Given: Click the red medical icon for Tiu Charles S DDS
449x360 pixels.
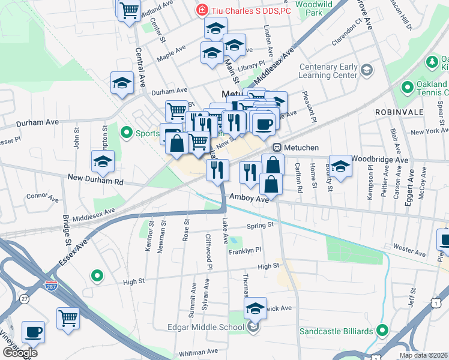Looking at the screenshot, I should point(202,10).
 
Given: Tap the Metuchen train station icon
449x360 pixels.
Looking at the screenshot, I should point(277,148).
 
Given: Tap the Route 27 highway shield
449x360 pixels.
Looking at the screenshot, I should point(24,298).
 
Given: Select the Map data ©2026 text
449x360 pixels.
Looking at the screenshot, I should point(423,355).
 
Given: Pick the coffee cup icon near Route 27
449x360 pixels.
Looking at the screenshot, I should point(33,332).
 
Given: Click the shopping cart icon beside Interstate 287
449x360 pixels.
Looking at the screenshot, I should point(68,318).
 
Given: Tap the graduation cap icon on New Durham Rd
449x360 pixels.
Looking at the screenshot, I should point(103,161).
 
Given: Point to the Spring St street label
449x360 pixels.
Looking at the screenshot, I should point(260,226).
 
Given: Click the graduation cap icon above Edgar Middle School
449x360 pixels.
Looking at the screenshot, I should point(255,308).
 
